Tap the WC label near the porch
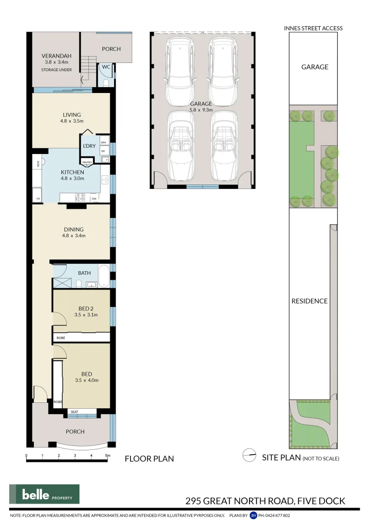tap(106, 67)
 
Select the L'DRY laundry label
tap(89, 146)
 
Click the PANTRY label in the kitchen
tap(87, 162)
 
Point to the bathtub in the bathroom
tap(104, 273)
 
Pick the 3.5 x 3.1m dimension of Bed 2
tap(86, 315)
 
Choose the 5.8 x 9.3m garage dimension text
tap(201, 110)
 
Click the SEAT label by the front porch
tap(74, 412)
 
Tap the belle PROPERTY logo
tap(44, 494)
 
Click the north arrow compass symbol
tap(249, 455)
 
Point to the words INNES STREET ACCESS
tap(313, 28)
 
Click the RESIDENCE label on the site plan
tap(310, 301)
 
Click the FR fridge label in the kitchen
tap(38, 199)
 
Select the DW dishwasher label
tap(94, 199)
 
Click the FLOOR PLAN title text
tap(149, 458)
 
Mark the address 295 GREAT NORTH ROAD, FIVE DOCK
tap(266, 501)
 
